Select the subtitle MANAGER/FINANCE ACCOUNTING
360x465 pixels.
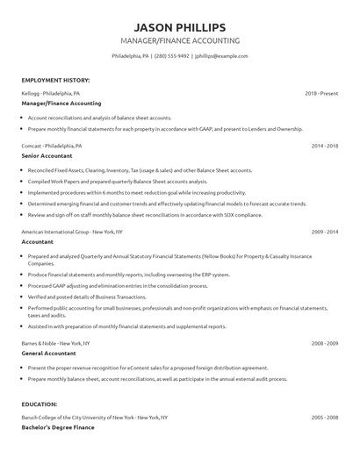point(179,41)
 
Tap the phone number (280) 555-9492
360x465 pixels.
point(173,56)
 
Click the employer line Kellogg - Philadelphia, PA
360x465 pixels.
point(51,92)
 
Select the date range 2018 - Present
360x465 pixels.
point(322,92)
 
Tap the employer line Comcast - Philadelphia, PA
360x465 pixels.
point(52,145)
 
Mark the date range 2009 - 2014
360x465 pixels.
point(326,232)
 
